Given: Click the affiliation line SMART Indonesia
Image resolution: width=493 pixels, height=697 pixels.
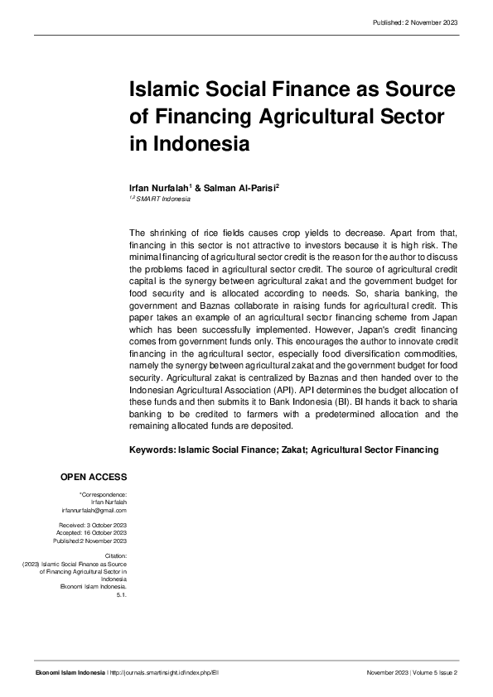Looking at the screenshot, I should tap(161, 199).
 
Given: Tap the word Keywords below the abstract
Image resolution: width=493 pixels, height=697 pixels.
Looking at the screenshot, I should tap(152, 450).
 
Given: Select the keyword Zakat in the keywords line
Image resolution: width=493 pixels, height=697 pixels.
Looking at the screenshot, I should tap(292, 450).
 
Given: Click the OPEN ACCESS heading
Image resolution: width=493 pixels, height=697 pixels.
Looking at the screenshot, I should tap(94, 478).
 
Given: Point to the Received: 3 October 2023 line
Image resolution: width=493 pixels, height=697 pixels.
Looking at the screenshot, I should tap(92, 526).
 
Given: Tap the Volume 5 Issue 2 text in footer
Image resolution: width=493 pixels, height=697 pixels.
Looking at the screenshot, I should tap(435, 673).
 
